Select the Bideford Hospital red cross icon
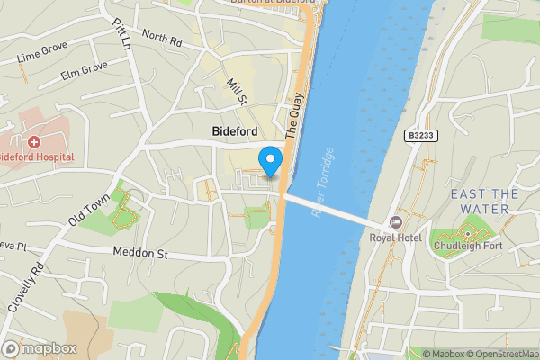(x=33, y=142)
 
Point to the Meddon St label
(x=140, y=253)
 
